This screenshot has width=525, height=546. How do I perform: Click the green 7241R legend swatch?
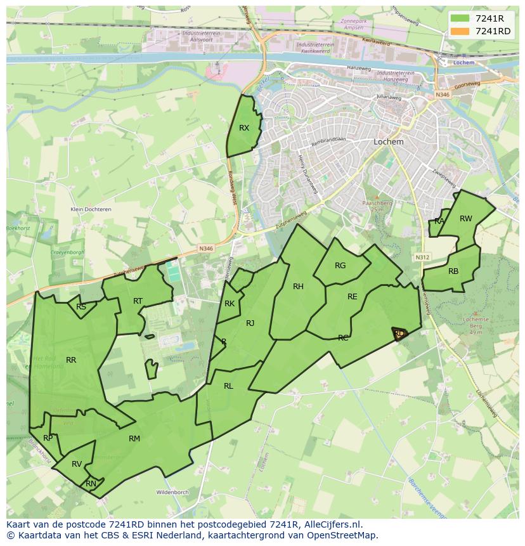click(460, 18)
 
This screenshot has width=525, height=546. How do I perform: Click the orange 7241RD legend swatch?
click(460, 31)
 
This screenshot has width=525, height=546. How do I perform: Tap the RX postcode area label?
click(244, 128)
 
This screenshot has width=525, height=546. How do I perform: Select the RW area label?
click(466, 219)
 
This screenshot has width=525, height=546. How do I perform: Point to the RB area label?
click(453, 271)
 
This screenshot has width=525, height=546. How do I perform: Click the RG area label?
click(340, 266)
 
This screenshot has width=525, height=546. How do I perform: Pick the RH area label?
click(298, 287)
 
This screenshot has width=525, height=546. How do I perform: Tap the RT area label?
click(138, 301)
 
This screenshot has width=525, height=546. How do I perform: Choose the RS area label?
click(81, 307)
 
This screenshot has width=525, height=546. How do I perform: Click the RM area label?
click(134, 439)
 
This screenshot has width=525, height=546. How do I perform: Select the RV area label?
click(77, 464)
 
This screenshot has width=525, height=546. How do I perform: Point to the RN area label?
click(91, 484)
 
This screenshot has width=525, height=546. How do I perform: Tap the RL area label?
click(228, 386)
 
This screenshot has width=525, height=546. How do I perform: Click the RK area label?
click(230, 304)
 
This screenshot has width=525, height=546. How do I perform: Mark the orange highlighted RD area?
click(399, 334)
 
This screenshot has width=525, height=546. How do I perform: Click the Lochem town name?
click(389, 142)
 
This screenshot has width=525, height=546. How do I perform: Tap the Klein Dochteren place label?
click(91, 209)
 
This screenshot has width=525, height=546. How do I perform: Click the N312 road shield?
click(422, 257)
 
